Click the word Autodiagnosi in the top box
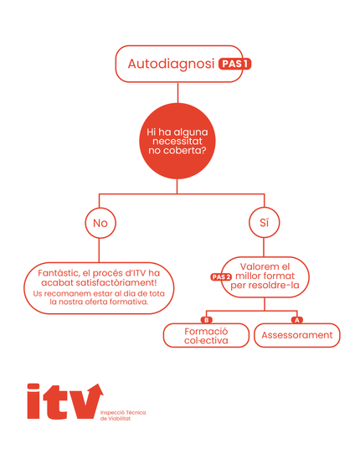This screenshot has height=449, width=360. pos(171,64)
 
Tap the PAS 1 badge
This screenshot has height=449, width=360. pos(234,64)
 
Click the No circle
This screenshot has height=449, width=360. pos(100,223)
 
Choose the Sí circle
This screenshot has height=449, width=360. pos(265,223)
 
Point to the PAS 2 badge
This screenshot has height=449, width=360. pos(221,276)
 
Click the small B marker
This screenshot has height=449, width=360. pos(207,319)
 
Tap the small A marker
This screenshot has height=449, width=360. pos(296,319)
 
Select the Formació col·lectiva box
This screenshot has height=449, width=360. pos(206,335)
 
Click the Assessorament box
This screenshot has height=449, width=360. pos(296,335)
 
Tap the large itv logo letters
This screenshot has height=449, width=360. pos(60,402)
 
